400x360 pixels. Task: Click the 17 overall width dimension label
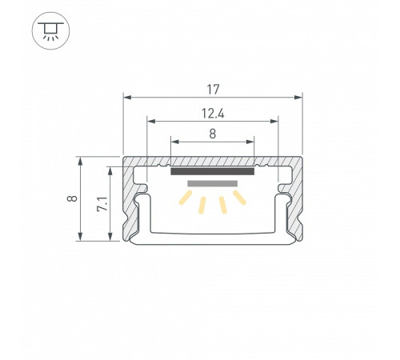click(x=213, y=82)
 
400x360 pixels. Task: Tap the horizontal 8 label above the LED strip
click(x=213, y=134)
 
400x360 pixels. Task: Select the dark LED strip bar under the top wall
click(x=213, y=170)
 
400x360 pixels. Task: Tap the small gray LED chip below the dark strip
click(x=213, y=184)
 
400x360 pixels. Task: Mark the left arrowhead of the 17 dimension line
click(x=126, y=96)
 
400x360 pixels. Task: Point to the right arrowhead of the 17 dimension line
click(x=300, y=96)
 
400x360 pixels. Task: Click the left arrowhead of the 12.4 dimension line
click(x=151, y=122)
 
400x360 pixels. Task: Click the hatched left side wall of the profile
click(x=130, y=208)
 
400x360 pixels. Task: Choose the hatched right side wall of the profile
click(x=297, y=208)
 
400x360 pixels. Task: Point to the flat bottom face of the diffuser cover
click(x=213, y=238)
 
